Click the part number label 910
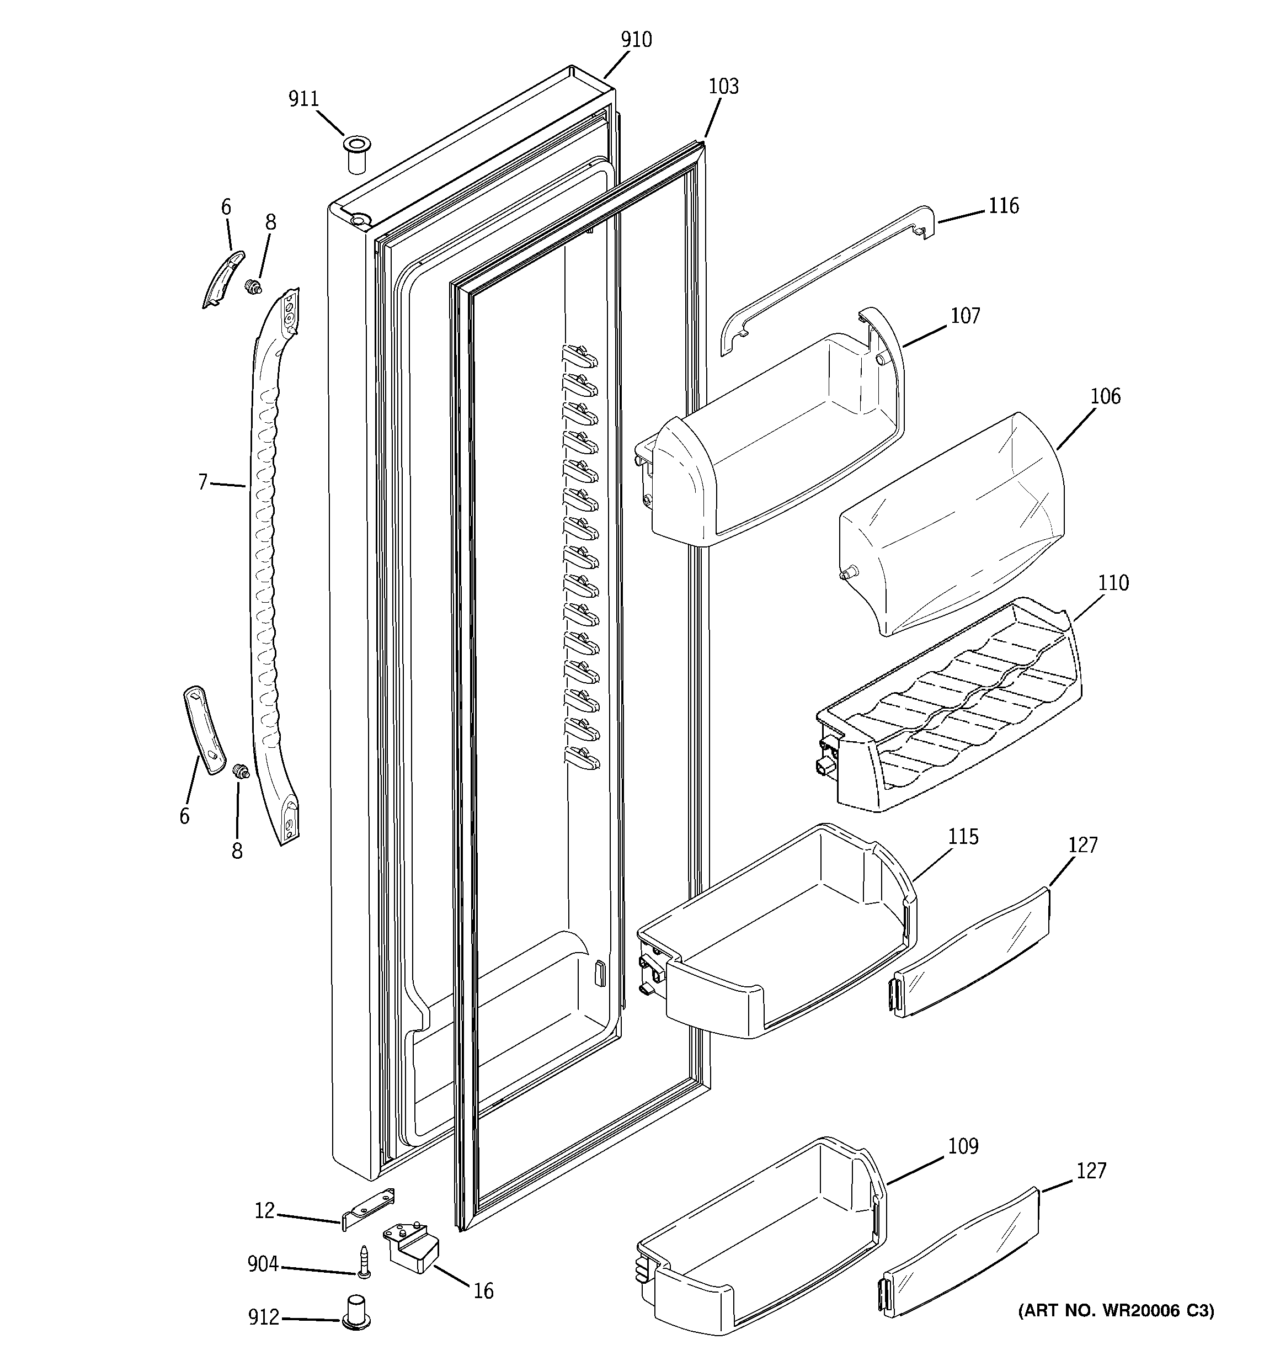(636, 40)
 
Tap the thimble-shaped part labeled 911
(355, 155)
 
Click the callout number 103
(723, 87)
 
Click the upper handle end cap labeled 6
(223, 278)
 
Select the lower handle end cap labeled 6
(204, 730)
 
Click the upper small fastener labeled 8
(254, 287)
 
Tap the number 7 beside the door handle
(202, 482)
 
